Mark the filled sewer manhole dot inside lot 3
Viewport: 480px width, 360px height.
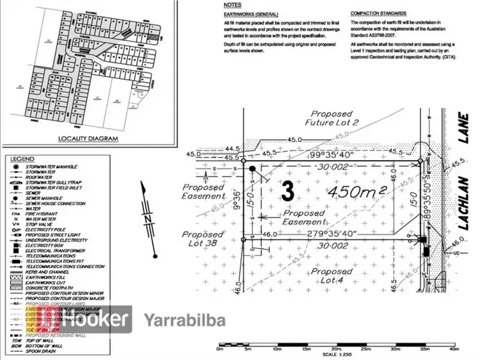[x=252, y=168]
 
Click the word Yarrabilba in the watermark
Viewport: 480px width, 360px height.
[x=176, y=320]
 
